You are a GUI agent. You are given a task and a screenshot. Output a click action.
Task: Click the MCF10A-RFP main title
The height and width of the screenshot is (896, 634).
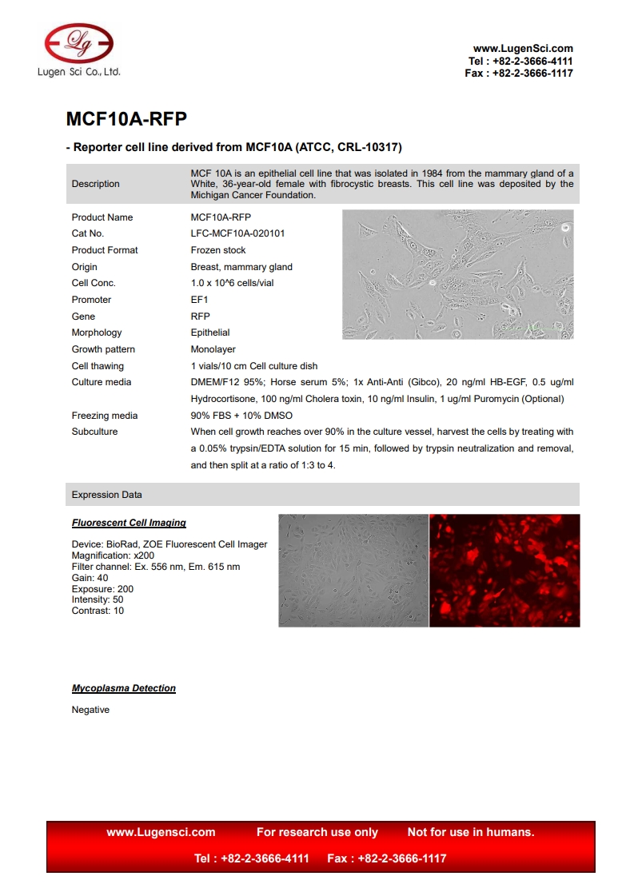point(126,119)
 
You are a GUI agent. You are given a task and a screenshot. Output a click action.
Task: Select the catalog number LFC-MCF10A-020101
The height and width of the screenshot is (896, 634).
point(237,233)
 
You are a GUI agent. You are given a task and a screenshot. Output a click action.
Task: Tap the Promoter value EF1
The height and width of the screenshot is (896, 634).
point(199,300)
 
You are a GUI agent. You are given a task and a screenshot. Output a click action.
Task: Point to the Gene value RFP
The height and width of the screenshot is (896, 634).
point(200,317)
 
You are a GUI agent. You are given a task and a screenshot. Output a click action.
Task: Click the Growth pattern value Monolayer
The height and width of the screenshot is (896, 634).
point(213,349)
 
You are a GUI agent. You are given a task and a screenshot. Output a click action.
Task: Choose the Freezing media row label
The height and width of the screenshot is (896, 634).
point(104,416)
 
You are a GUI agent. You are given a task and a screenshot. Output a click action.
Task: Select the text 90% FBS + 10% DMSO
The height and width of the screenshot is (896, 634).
point(241,416)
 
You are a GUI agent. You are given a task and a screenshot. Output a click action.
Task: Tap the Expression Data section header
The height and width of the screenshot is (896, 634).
point(107,495)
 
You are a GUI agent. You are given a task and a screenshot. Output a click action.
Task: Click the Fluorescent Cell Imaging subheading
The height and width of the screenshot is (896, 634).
point(129,523)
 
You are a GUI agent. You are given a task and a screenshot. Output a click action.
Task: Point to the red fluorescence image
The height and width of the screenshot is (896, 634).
point(504,570)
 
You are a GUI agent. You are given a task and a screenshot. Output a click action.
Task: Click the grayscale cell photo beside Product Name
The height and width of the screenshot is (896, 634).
point(457,274)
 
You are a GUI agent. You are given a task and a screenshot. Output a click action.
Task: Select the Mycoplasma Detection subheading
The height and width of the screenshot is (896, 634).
point(124,688)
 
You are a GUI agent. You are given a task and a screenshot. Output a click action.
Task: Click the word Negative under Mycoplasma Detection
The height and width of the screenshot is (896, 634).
point(90,710)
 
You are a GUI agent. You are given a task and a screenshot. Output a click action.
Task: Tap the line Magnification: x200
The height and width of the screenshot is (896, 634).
point(113,556)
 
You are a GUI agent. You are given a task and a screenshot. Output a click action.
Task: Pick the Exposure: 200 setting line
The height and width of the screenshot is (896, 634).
point(102,589)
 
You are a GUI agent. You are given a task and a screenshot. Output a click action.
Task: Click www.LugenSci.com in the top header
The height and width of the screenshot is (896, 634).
point(523,49)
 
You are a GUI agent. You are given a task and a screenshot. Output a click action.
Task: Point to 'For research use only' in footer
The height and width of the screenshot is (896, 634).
point(317,832)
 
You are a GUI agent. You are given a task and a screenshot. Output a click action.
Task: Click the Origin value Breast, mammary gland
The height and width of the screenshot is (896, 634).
point(241,267)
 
